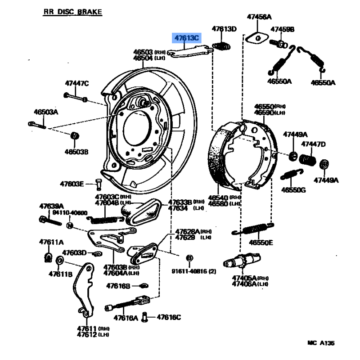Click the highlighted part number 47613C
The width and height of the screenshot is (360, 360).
[x=187, y=38]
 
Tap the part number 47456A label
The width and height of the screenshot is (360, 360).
[x=259, y=18]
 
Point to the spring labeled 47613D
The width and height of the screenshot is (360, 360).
[x=221, y=45]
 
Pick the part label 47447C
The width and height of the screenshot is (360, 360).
[x=77, y=83]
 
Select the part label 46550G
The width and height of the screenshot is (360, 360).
[x=293, y=189]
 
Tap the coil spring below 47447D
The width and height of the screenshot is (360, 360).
[x=309, y=159]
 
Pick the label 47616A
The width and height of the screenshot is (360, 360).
[x=126, y=318]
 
